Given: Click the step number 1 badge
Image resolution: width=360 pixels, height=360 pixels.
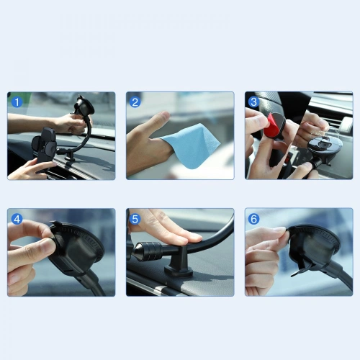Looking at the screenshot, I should click(x=16, y=102).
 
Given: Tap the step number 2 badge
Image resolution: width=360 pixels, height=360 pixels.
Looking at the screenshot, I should click(x=135, y=102).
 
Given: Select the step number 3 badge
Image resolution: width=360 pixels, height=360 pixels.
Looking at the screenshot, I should click(x=253, y=102).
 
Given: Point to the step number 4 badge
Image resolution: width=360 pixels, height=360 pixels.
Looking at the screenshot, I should click(x=16, y=219).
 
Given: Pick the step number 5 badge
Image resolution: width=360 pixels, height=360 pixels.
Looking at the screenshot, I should click(x=135, y=219).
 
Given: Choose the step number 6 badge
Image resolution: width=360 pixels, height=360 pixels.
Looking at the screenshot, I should click(x=253, y=219).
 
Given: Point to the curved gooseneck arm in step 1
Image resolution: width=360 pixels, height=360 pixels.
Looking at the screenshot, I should click(x=85, y=133).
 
